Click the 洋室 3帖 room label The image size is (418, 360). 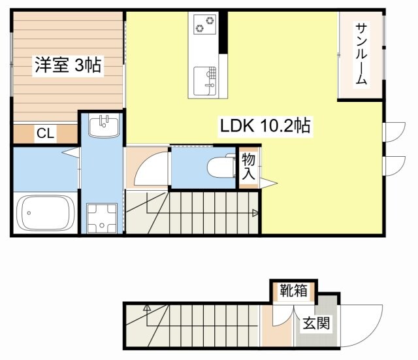(67, 65)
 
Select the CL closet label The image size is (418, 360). (45, 134)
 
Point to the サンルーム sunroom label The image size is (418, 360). (361, 54)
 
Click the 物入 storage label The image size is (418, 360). (248, 167)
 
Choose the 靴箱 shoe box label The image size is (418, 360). (290, 291)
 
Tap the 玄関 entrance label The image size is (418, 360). (315, 323)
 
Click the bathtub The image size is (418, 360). (46, 213)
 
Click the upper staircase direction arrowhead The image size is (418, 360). (255, 212)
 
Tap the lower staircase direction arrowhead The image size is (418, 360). (147, 307)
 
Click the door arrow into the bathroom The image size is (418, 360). (69, 154)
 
